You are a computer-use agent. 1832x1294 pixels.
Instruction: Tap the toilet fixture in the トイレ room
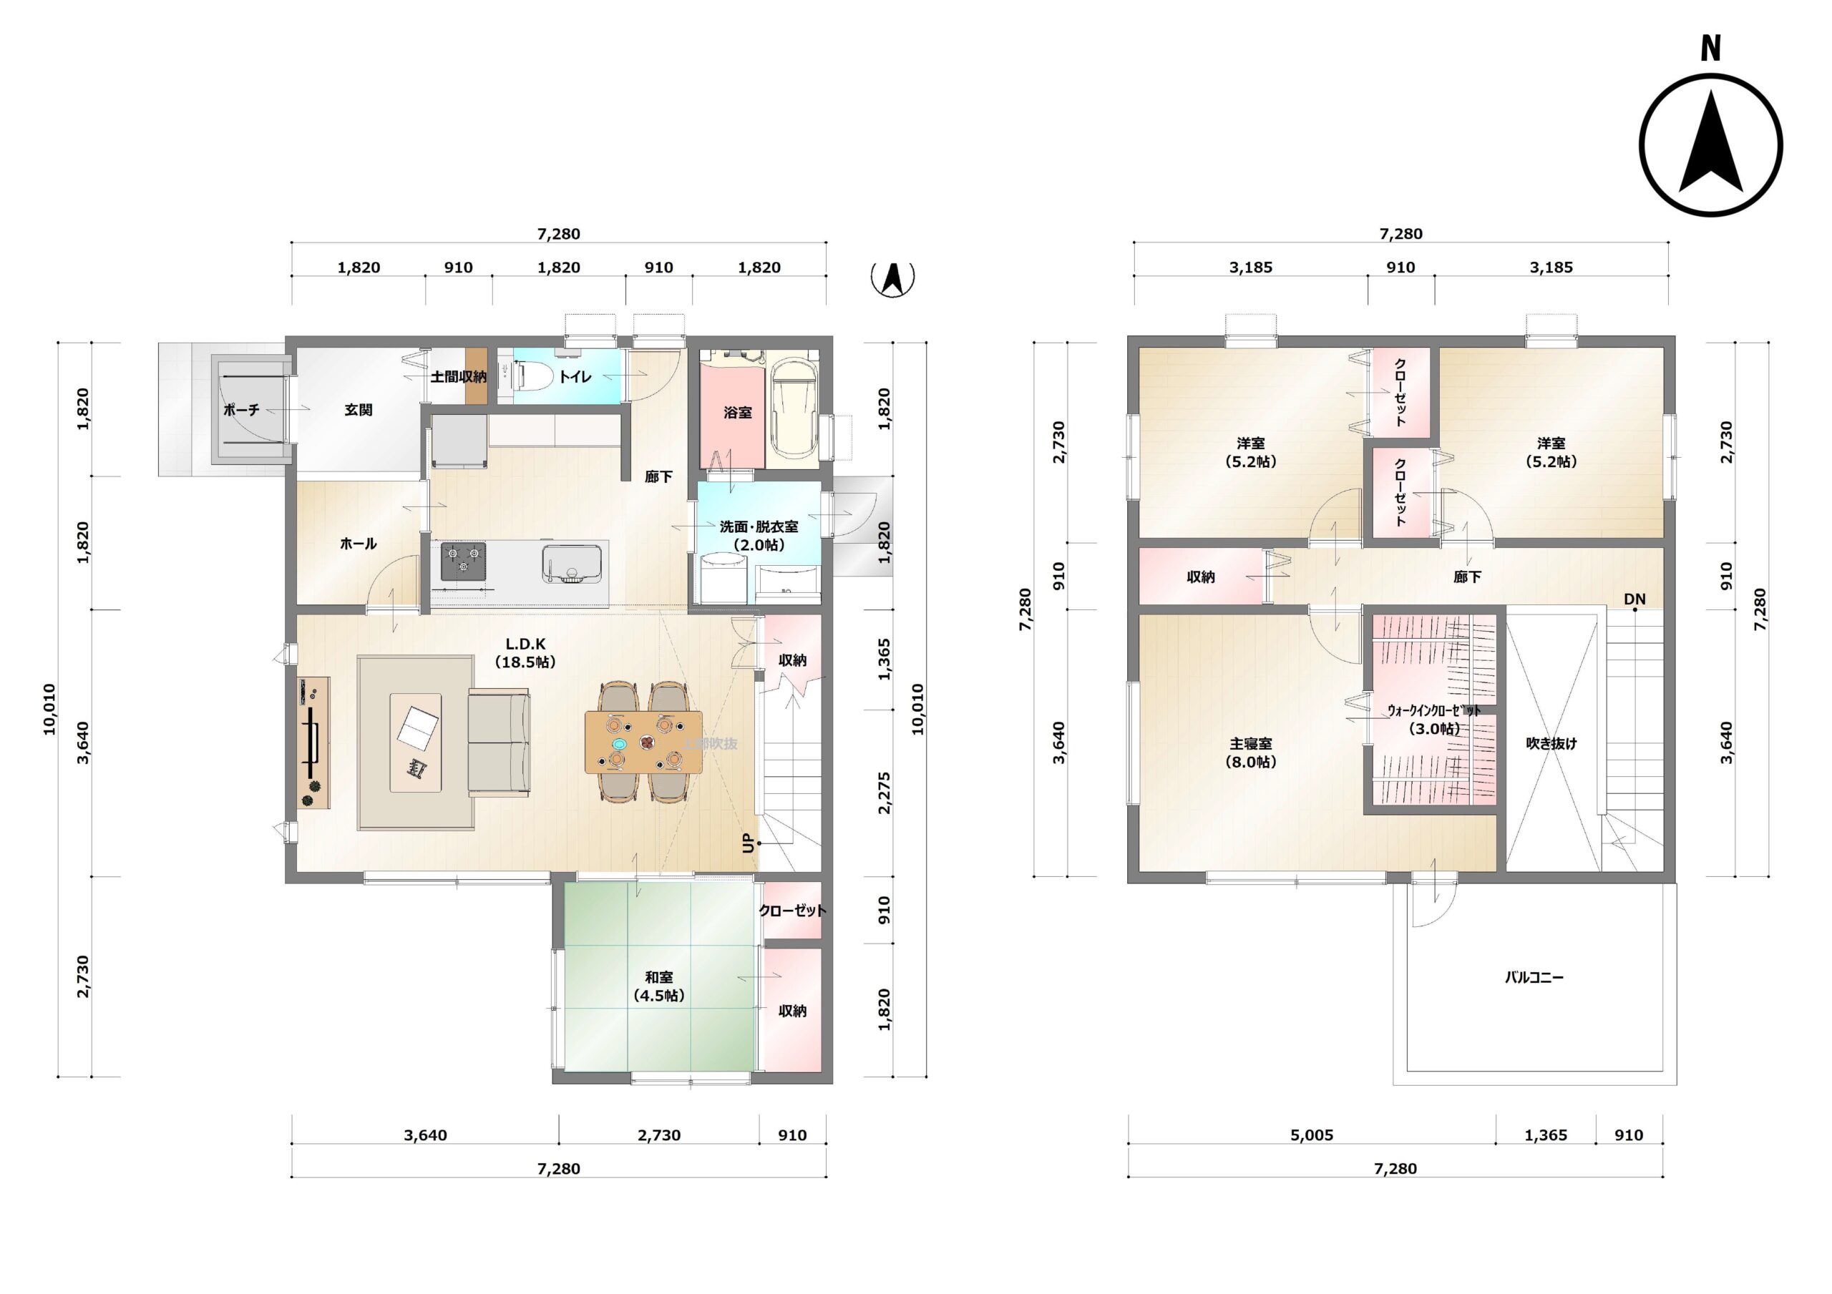click(534, 375)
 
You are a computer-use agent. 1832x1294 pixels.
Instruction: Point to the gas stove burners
click(464, 561)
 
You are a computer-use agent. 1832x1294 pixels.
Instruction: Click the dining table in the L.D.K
click(643, 742)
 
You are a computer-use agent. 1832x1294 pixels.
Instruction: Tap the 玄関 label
click(359, 410)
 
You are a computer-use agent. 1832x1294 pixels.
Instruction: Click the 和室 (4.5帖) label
click(659, 986)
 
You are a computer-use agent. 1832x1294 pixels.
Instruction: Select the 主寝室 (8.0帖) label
click(1250, 753)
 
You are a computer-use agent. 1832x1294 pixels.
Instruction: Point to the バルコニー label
click(1534, 977)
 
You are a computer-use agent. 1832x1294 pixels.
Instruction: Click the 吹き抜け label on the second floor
click(1551, 743)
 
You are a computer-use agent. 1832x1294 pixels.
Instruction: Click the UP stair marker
click(748, 843)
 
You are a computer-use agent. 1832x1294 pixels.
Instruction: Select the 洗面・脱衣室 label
click(759, 526)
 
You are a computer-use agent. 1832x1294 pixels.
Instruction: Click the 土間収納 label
click(459, 376)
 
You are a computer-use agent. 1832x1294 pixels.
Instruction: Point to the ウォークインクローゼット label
click(1434, 710)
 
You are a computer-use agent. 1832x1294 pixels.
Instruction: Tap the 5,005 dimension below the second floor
click(1312, 1135)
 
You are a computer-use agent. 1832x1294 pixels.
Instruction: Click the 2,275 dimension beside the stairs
click(884, 793)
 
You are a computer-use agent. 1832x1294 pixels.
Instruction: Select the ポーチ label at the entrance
click(241, 410)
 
